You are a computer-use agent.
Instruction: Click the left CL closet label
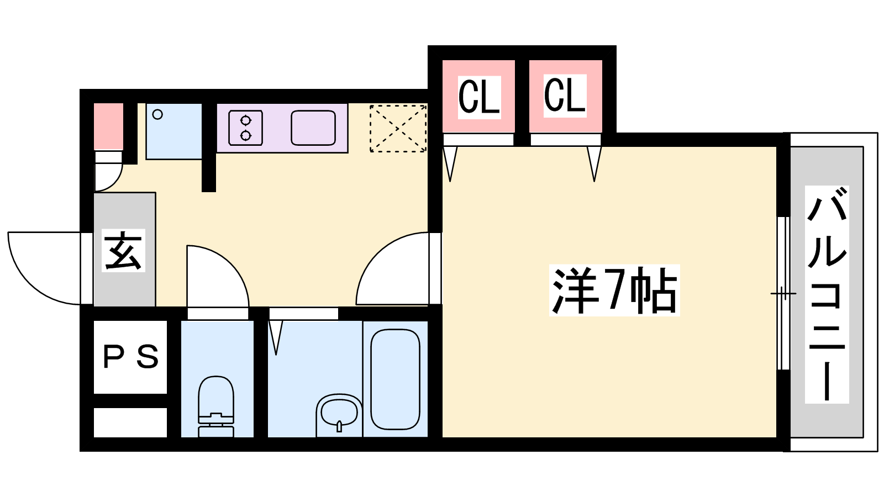(478, 97)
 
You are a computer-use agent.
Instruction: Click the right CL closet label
(565, 96)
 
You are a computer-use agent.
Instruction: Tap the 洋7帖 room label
(614, 291)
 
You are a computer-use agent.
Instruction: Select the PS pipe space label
(130, 357)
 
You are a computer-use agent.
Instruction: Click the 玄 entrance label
(123, 251)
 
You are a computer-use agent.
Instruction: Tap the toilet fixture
(216, 406)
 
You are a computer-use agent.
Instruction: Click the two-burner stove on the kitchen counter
(245, 128)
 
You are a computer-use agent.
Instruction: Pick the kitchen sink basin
(313, 128)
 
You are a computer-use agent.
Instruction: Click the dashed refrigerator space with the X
(398, 129)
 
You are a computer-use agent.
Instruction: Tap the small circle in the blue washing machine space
(157, 114)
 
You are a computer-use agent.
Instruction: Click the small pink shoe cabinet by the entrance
(108, 126)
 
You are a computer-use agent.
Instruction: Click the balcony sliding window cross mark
(783, 293)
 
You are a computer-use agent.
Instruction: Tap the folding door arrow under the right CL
(594, 163)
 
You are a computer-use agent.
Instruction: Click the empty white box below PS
(130, 422)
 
